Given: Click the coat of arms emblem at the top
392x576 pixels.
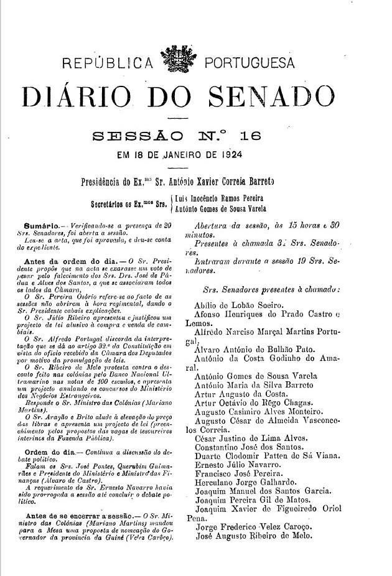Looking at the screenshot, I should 176,63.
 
